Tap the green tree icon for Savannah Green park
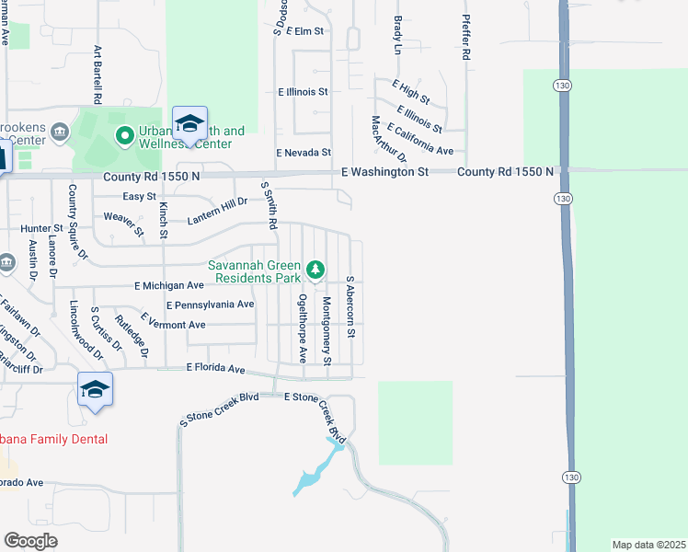[315, 270]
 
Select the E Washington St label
[384, 172]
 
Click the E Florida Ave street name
[215, 368]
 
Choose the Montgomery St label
[327, 330]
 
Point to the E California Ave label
[419, 139]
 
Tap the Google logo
[30, 540]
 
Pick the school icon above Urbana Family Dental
[96, 389]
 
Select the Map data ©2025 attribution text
[648, 545]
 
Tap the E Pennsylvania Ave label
[210, 305]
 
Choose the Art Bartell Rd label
[97, 75]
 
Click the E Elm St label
[305, 30]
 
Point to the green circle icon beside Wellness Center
[125, 137]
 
